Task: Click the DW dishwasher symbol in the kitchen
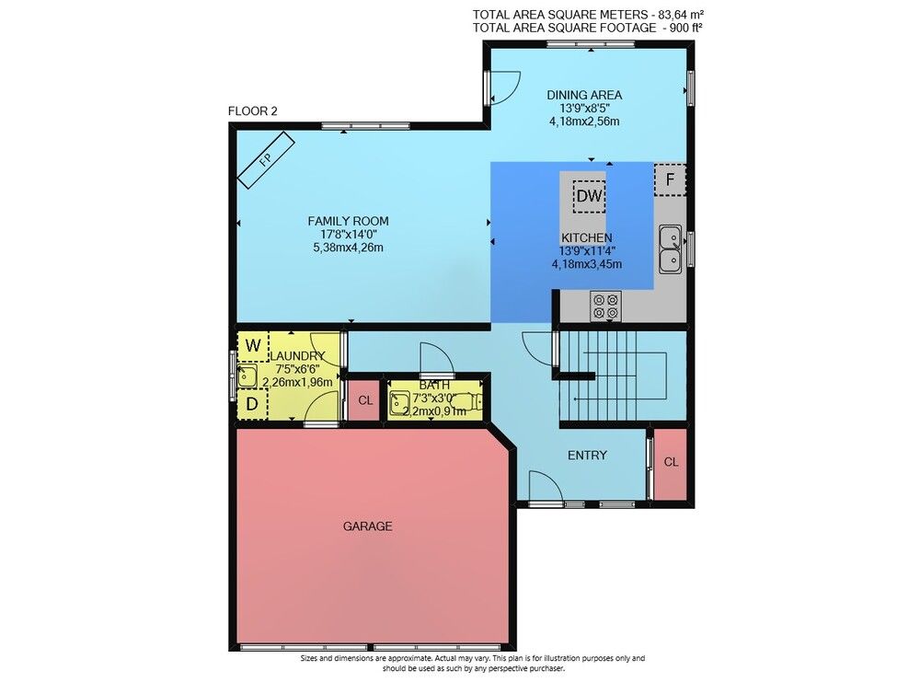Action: [x=589, y=196]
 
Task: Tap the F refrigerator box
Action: [x=670, y=179]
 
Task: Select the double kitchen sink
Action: [x=670, y=249]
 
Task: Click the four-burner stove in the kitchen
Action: [x=605, y=306]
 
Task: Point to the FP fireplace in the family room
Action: [x=266, y=159]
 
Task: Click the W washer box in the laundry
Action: [x=252, y=346]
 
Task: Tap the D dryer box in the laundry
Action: [x=252, y=404]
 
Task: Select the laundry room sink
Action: [x=247, y=376]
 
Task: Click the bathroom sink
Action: [x=400, y=403]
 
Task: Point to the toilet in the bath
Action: [x=469, y=401]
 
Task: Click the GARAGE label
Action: [x=368, y=526]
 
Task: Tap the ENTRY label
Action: [x=587, y=456]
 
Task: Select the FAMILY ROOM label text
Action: [x=349, y=221]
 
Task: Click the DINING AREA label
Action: [x=584, y=95]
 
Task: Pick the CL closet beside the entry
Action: [x=671, y=464]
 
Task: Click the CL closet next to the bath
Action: [x=365, y=400]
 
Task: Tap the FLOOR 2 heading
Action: [x=252, y=111]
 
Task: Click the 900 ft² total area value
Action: [x=686, y=28]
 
